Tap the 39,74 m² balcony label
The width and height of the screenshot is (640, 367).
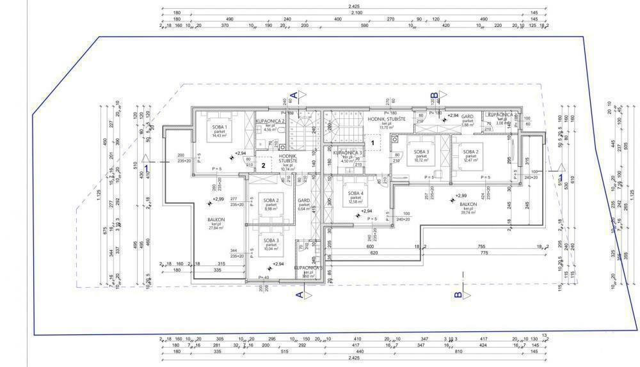(x=465, y=205)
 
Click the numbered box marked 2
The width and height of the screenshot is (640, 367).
(x=263, y=164)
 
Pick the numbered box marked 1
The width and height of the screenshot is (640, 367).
(x=372, y=143)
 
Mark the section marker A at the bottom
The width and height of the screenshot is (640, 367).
(x=299, y=295)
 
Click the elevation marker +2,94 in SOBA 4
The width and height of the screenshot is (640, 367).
(x=366, y=211)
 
